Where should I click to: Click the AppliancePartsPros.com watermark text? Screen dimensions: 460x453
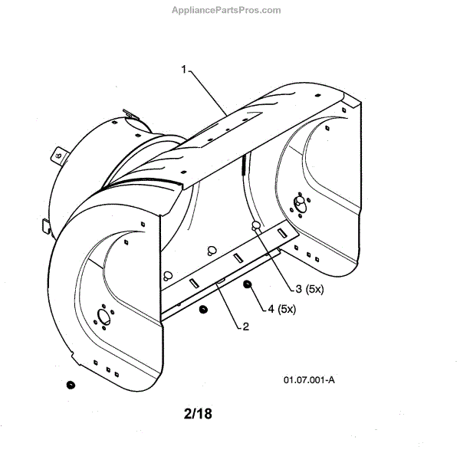coord(230,10)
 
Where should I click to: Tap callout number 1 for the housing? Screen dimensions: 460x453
coord(185,69)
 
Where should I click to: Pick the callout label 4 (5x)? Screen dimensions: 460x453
coord(282,309)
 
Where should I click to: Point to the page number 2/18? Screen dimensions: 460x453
coord(198,414)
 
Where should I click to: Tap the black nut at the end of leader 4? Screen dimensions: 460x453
coord(248,286)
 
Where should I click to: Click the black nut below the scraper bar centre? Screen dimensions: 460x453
coord(202,309)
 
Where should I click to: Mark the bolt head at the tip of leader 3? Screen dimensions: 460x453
coord(256,225)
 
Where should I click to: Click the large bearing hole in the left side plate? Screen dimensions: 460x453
coord(102,317)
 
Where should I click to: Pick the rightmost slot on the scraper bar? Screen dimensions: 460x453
coord(282,232)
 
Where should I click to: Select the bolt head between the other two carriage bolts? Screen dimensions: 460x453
coord(210,251)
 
